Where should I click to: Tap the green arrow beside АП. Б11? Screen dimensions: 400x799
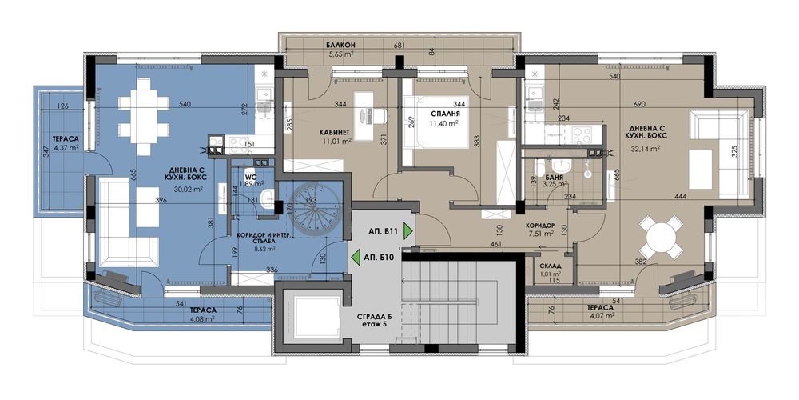pos(408,232)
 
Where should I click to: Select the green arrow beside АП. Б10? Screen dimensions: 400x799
pos(354,258)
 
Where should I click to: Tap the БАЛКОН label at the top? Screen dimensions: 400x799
pos(340,45)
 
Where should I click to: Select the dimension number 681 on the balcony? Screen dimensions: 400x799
pos(399,45)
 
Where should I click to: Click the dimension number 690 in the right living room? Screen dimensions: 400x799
pos(639,105)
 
